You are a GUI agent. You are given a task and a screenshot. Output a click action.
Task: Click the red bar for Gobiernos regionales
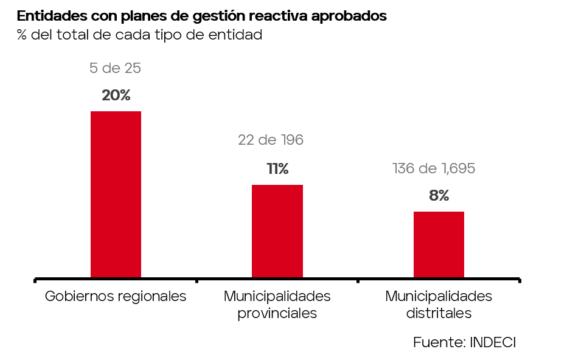116,195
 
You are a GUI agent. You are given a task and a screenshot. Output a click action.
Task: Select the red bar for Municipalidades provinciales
277,232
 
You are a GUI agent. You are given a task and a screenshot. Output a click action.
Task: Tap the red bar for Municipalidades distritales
439,244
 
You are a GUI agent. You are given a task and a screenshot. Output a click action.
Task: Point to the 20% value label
116,95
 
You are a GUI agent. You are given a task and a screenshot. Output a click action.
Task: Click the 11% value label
277,169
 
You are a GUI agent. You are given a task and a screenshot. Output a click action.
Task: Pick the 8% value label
439,195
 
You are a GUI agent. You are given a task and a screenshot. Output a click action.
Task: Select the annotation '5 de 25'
115,68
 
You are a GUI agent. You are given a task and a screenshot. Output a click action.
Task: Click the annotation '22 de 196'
271,140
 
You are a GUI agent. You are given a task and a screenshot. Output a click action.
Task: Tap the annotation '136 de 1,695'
434,168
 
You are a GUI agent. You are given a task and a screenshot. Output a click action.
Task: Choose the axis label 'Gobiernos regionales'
116,296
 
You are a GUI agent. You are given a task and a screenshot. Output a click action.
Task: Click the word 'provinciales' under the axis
277,313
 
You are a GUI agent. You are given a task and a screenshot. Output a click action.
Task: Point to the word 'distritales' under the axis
439,313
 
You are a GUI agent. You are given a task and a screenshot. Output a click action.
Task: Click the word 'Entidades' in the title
52,16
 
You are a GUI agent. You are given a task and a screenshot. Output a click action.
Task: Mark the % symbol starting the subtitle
21,35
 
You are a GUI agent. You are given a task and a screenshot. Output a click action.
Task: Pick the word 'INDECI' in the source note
493,342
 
